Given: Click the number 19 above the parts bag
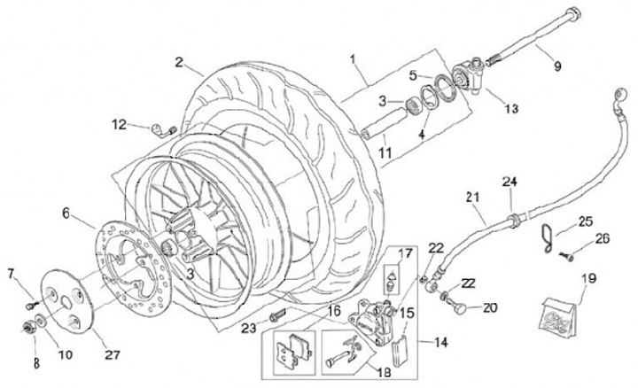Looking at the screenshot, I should coord(560,279).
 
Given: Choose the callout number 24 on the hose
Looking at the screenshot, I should coord(509,182).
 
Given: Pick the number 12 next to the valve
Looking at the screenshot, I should coord(121,125).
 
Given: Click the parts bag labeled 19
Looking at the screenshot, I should coord(556,315).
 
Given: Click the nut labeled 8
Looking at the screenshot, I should coord(31,330).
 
